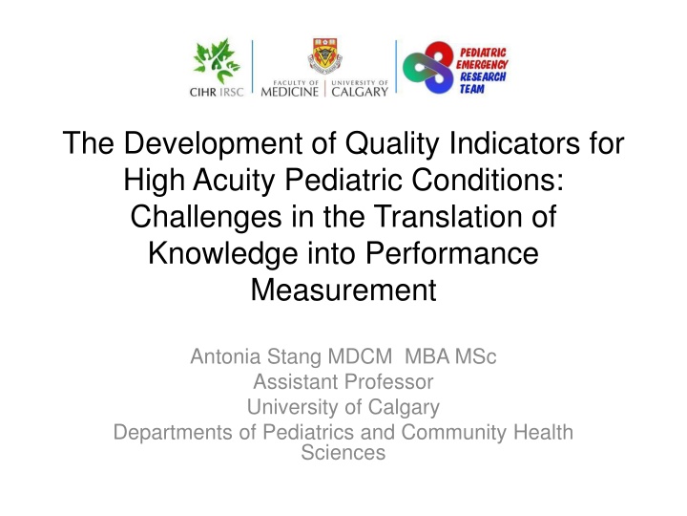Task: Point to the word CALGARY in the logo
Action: point(360,93)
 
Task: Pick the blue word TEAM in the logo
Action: point(474,87)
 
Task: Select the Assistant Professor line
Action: point(343,383)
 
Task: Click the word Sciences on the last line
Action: point(343,453)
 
